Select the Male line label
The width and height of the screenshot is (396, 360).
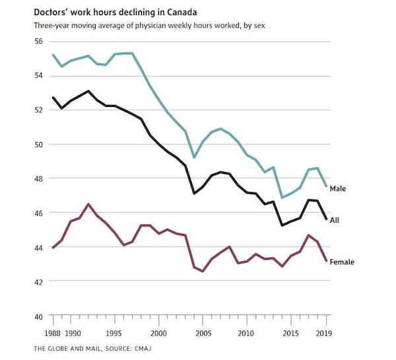click(x=338, y=188)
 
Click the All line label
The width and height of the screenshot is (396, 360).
click(x=335, y=219)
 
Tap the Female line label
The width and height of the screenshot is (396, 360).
click(x=342, y=262)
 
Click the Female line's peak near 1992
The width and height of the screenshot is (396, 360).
click(x=88, y=204)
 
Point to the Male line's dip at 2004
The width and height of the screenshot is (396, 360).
click(x=194, y=157)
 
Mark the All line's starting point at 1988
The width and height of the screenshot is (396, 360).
click(x=53, y=98)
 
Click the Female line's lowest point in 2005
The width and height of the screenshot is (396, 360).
click(x=203, y=271)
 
